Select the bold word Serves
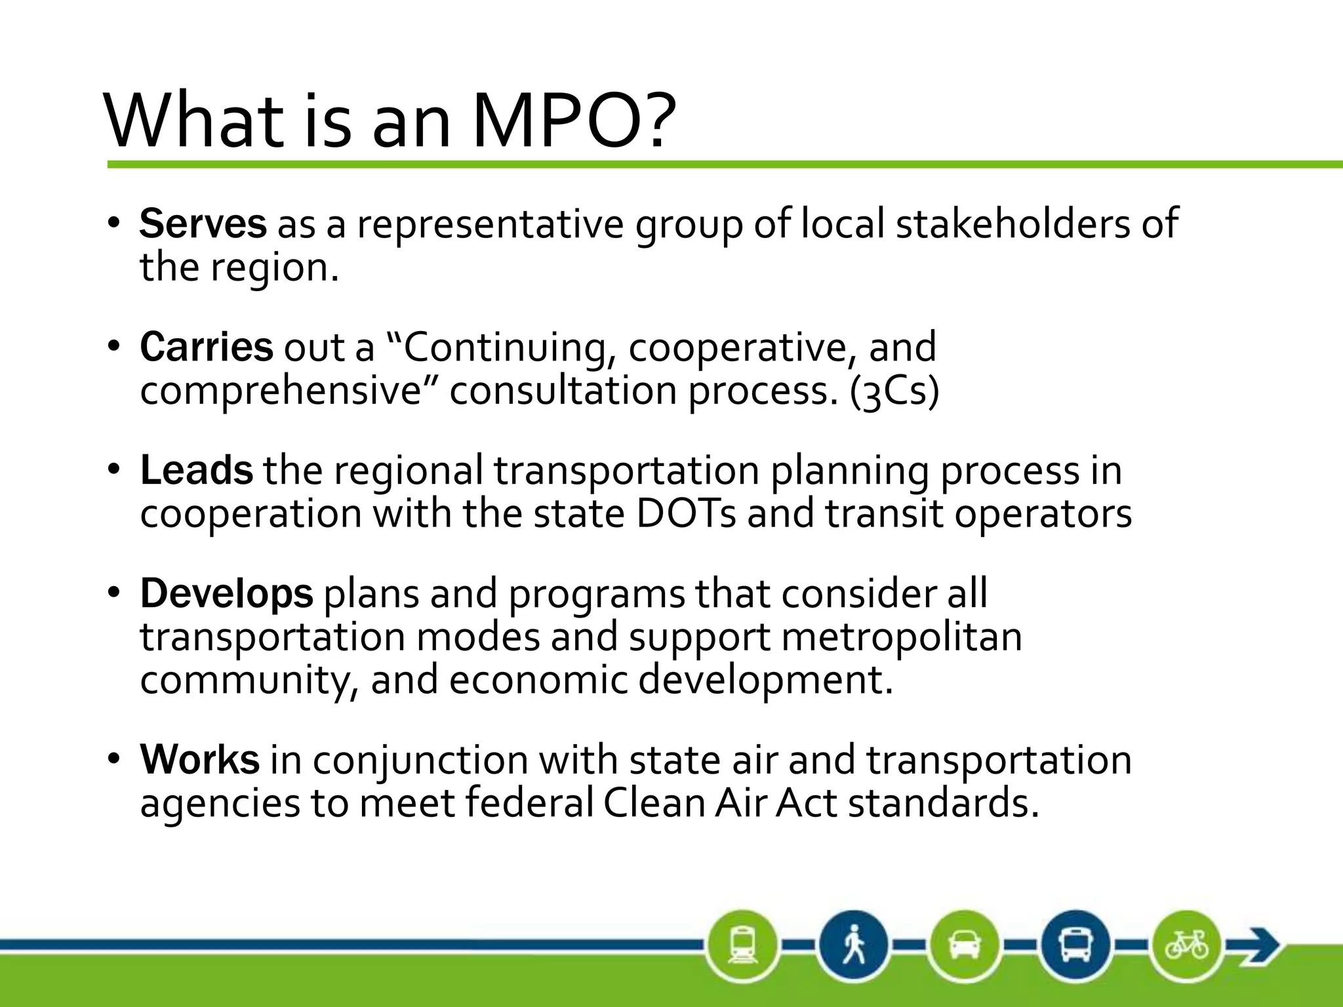click(203, 224)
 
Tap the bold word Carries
click(206, 347)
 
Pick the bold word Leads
click(196, 470)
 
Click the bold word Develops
click(226, 593)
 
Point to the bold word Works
click(199, 760)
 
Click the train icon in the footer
click(743, 945)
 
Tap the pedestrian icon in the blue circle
click(853, 945)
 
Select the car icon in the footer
click(964, 945)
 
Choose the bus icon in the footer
click(1075, 945)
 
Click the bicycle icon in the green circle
click(1186, 945)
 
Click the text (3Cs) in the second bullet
click(894, 391)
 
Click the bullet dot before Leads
click(115, 470)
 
